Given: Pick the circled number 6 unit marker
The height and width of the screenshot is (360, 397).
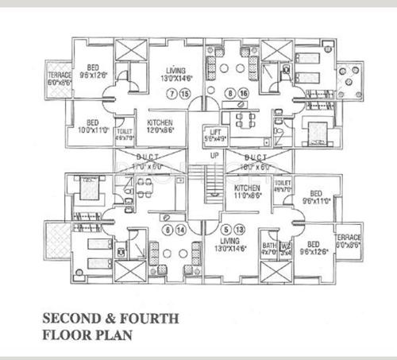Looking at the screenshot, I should click(x=168, y=230).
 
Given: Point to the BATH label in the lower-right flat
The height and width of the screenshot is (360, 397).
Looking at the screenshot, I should click(x=269, y=246).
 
